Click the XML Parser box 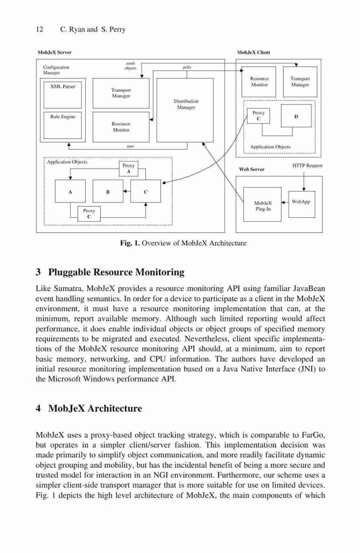(x=62, y=95)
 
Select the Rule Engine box (x=62, y=125)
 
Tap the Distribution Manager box (x=185, y=110)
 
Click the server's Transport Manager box (x=121, y=93)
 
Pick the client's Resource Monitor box (x=259, y=82)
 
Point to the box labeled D (x=296, y=116)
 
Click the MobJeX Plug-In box (x=263, y=204)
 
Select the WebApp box (x=302, y=204)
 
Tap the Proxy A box (x=129, y=169)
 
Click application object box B (x=108, y=191)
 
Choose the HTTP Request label (x=307, y=165)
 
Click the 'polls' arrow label (x=187, y=67)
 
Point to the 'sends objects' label (x=131, y=66)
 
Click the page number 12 (x=39, y=29)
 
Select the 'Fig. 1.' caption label (x=130, y=243)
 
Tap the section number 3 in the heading (x=38, y=272)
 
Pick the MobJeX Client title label (x=253, y=52)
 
